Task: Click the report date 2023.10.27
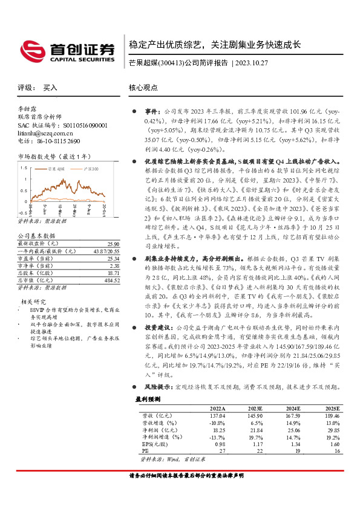click(x=248, y=63)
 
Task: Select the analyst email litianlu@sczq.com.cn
click(x=44, y=133)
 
